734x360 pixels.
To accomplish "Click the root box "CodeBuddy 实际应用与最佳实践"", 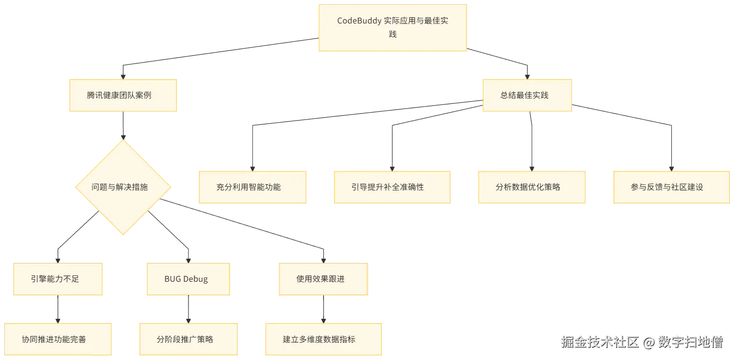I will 393,28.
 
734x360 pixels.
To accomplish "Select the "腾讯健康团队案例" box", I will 123,95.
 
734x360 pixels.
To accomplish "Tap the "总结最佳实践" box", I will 526,95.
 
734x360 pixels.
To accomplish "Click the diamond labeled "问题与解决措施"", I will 123,187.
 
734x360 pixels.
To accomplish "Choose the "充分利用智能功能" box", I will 252,186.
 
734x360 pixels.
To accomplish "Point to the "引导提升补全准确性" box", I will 391,186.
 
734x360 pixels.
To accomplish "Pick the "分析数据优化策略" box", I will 532,186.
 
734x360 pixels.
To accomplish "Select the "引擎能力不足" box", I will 58,279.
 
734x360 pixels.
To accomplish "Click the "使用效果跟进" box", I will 324,279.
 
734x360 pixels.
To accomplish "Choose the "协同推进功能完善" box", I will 58,339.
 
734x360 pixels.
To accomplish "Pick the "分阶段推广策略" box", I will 188,339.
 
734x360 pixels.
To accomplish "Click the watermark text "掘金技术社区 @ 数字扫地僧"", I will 642,342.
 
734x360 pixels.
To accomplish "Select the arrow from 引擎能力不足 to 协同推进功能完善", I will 58,309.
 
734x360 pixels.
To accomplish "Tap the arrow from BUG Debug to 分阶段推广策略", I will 188,309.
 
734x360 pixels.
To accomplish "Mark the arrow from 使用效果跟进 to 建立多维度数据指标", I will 324,309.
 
